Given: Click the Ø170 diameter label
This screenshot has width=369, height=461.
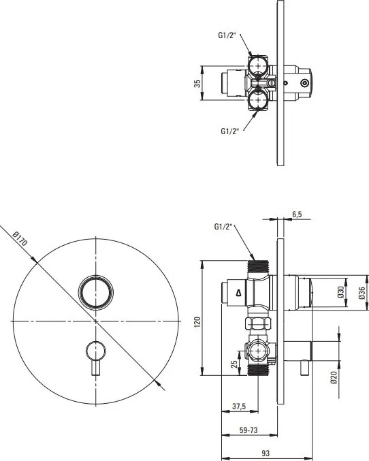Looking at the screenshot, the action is point(20,239).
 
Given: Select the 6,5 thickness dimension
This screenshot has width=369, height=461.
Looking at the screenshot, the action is point(297,214).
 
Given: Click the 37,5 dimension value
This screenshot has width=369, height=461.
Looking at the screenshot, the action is point(239,407).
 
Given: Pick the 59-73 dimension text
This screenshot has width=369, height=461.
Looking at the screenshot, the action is point(248,430).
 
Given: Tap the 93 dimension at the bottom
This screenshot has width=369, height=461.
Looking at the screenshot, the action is point(265,453).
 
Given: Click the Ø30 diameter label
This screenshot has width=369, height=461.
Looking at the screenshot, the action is point(341,293).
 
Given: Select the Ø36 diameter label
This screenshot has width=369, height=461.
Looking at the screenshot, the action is point(362,293).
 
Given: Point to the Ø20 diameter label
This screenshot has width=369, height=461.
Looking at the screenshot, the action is point(334,378).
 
